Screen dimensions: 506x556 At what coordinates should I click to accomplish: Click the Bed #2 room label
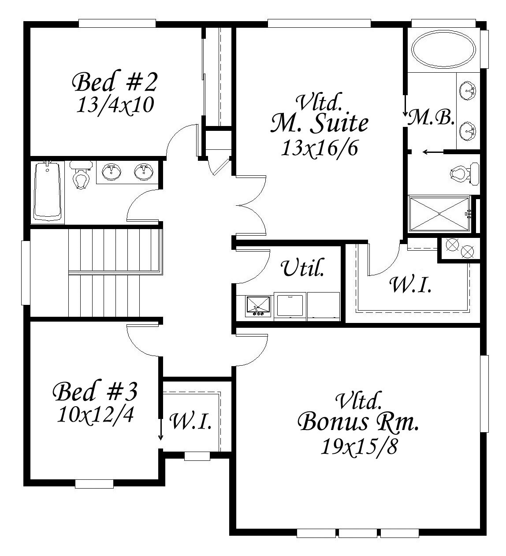[x=115, y=82]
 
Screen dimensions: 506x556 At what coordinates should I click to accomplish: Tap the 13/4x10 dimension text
[x=115, y=105]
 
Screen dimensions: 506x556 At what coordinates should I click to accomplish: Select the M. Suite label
[x=319, y=124]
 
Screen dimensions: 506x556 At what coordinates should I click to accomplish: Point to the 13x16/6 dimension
[x=319, y=148]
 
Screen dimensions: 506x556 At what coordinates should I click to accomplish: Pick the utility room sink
[x=258, y=306]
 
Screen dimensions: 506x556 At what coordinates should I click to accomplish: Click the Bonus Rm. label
[x=358, y=422]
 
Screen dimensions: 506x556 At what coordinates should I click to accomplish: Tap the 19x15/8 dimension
[x=359, y=446]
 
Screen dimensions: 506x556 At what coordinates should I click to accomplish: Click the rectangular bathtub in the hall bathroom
[x=47, y=191]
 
